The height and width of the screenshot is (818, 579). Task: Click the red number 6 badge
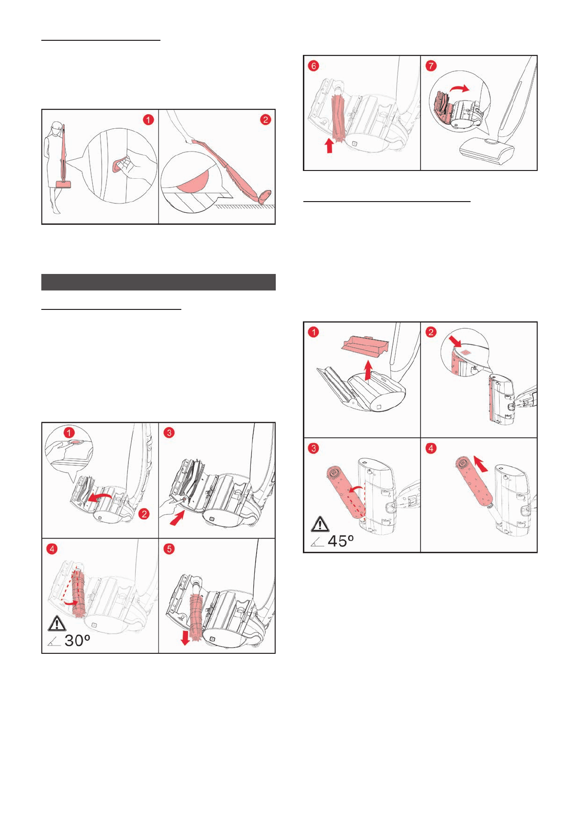(314, 66)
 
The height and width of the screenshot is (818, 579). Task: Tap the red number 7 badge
(431, 66)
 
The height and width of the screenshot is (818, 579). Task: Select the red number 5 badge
(169, 549)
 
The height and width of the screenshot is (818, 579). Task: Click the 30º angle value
(77, 640)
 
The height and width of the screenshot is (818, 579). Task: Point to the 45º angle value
(340, 541)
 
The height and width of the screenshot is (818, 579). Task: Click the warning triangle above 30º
(57, 623)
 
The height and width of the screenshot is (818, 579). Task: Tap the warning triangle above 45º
(319, 524)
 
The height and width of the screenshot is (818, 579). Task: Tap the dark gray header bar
(158, 282)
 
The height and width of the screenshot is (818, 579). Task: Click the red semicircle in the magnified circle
(193, 180)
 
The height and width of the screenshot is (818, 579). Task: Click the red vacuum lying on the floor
(228, 163)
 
